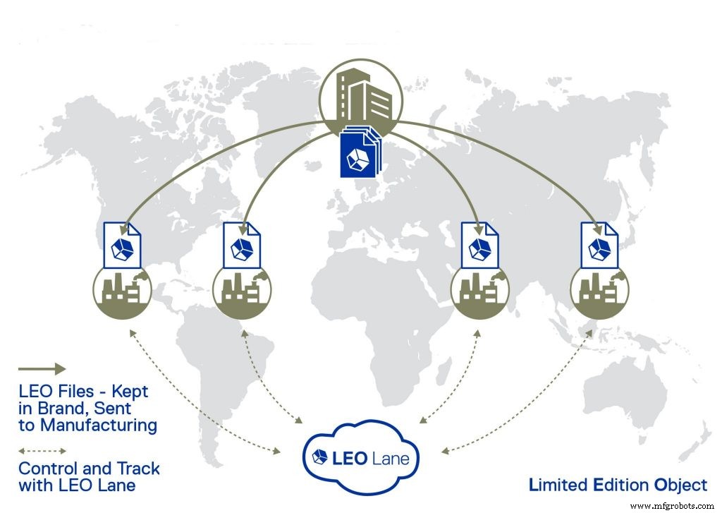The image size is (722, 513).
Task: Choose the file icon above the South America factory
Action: [x=241, y=244]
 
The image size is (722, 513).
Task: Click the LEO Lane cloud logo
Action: [x=360, y=456]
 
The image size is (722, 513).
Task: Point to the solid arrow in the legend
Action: [x=42, y=368]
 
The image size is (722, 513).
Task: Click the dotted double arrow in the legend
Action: [x=42, y=450]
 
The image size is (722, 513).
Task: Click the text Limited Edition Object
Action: [x=618, y=485]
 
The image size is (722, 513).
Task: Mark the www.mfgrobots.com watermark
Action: [x=673, y=506]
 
